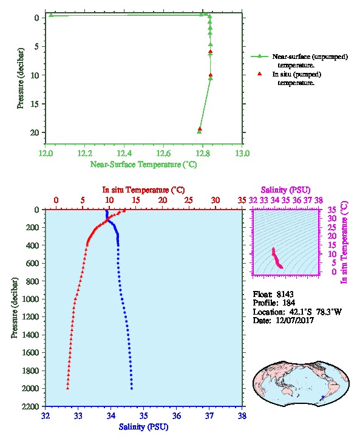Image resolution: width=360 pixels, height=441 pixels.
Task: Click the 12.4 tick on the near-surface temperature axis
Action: point(124,154)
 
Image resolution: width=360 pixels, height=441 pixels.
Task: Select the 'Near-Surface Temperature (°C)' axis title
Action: point(143,164)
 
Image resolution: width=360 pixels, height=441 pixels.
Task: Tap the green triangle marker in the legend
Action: point(259,56)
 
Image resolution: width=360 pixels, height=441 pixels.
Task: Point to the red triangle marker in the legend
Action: point(259,73)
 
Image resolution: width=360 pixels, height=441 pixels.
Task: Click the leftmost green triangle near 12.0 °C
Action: point(51,15)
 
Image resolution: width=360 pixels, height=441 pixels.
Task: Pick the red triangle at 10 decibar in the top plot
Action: point(211,75)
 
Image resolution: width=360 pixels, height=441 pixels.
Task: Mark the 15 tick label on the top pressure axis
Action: point(34,104)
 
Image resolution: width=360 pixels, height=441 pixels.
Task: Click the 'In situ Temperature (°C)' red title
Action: point(143,190)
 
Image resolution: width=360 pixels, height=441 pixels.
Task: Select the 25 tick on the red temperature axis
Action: point(189,200)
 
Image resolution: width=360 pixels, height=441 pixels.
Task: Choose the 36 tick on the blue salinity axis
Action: point(177,415)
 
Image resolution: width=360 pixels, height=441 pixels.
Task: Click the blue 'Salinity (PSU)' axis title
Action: point(143,427)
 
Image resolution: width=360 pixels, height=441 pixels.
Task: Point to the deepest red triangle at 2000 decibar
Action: point(68,388)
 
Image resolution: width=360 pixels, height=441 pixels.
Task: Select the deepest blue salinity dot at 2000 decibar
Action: point(132,388)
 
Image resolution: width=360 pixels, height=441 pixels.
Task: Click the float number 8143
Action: point(285,294)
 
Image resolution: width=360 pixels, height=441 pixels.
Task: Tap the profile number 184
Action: point(288,303)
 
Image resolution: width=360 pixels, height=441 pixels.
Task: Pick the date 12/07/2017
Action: point(294,320)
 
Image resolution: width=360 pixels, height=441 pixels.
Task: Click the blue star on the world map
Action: point(323,397)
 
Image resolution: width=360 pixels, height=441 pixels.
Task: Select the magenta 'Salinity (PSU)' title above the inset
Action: point(285,190)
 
